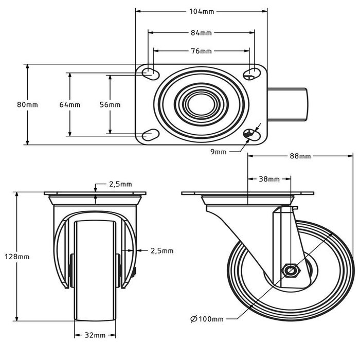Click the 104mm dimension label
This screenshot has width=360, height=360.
click(201, 11)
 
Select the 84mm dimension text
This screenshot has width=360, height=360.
click(201, 33)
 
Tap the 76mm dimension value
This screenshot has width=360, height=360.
click(201, 51)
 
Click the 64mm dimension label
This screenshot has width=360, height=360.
click(69, 104)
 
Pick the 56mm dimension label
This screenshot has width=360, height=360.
click(110, 104)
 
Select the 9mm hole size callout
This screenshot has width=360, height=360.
click(219, 152)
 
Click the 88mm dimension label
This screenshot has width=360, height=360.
click(300, 156)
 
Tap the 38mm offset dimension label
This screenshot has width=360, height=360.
click(268, 179)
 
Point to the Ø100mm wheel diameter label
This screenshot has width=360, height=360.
click(207, 319)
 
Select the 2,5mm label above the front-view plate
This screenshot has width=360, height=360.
click(120, 184)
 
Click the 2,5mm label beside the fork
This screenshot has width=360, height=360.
click(161, 250)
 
